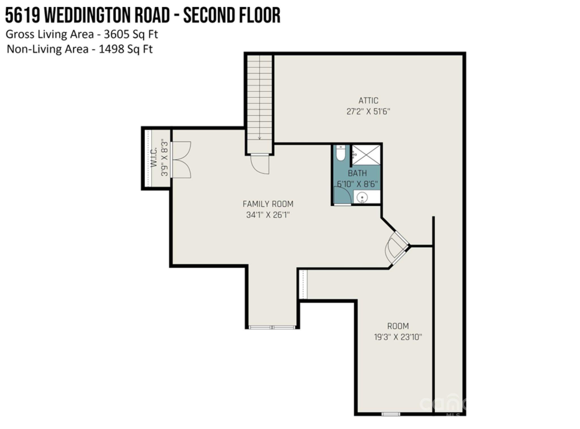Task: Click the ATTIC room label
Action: click(368, 101)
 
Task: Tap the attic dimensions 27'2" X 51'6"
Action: click(368, 112)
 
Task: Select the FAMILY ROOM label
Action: click(268, 204)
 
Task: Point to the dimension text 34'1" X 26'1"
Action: click(268, 215)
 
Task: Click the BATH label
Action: click(357, 173)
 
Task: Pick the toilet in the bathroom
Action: click(340, 153)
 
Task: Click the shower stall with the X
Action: click(366, 155)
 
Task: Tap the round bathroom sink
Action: click(362, 197)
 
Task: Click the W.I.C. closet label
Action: click(154, 160)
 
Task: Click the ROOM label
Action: click(398, 326)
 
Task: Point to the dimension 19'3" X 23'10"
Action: click(398, 337)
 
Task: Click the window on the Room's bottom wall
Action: click(391, 414)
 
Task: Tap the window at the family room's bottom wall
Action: click(272, 327)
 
